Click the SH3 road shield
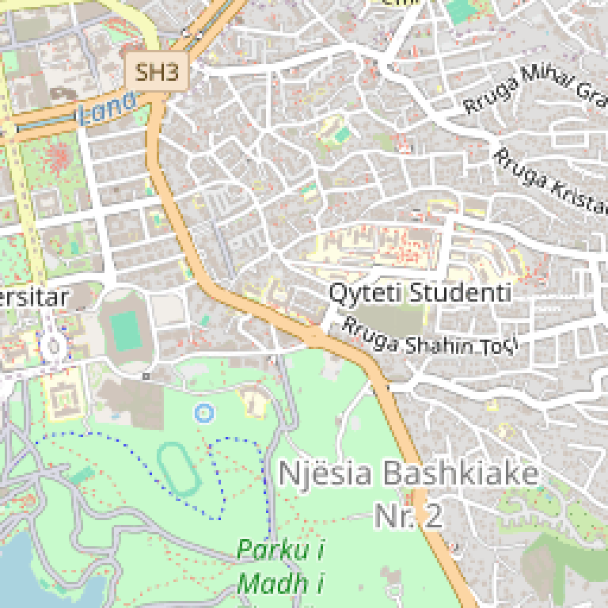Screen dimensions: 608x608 pos(158,73)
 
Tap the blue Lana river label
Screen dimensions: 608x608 pos(107,109)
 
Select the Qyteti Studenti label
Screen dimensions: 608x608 pos(420,293)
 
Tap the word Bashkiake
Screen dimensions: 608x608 pos(461,475)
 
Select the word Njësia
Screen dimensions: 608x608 pos(325,475)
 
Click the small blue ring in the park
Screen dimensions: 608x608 pos(203,412)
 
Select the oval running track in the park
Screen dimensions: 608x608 pos(178,469)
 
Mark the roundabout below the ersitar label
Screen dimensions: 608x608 pos(54,345)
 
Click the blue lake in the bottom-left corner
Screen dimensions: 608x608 pos(40,574)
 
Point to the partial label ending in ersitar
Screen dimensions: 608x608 pos(35,298)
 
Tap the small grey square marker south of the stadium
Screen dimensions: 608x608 pos(146,376)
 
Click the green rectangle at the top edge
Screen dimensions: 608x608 pos(458,10)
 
